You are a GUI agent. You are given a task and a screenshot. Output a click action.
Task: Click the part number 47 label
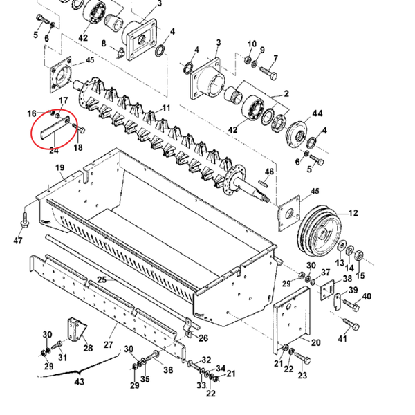click(18, 241)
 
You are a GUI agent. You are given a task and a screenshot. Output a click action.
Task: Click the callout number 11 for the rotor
click(166, 108)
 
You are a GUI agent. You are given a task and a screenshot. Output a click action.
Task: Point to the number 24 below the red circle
click(53, 150)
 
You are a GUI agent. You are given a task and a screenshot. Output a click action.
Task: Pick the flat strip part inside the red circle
click(55, 127)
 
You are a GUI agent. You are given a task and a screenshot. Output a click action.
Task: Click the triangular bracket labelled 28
click(77, 329)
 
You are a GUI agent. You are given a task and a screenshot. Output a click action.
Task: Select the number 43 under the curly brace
click(79, 382)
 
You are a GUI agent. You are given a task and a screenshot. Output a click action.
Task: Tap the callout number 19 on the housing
click(60, 167)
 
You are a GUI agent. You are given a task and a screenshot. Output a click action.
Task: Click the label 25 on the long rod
click(102, 279)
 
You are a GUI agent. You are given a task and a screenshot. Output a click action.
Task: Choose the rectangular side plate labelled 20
click(292, 320)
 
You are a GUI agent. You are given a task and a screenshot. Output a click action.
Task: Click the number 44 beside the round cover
click(317, 113)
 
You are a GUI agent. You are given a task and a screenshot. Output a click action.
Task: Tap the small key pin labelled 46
click(262, 183)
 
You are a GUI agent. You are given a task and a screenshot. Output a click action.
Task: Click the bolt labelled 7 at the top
click(268, 72)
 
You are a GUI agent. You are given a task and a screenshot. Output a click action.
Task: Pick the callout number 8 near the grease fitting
click(104, 43)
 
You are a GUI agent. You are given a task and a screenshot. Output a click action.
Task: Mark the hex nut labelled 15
click(358, 256)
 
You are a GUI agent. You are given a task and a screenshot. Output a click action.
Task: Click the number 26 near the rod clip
click(203, 338)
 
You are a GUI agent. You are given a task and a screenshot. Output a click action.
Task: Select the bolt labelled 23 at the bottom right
click(302, 358)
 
